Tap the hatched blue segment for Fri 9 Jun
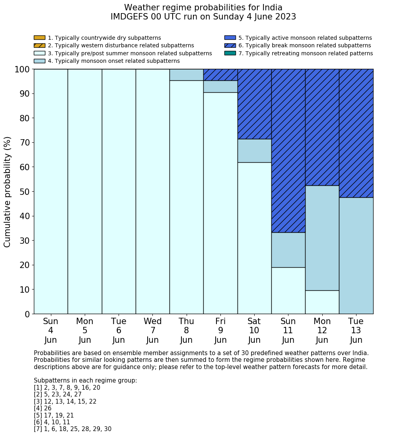pos(220,75)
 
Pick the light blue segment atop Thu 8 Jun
pos(186,75)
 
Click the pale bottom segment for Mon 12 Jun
pos(322,302)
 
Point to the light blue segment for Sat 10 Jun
pos(254,151)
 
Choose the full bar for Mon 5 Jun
pos(85,191)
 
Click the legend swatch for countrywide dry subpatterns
pos(39,38)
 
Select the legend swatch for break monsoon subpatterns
pos(230,45)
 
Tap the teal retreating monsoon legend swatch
pos(230,53)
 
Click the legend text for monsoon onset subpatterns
pos(113,61)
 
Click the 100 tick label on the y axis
pos(22,69)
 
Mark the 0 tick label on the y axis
pos(27,314)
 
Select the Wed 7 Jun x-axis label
pos(152,330)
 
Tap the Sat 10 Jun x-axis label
pos(254,330)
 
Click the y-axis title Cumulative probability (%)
pos(8,191)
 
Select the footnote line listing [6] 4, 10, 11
pos(52,422)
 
